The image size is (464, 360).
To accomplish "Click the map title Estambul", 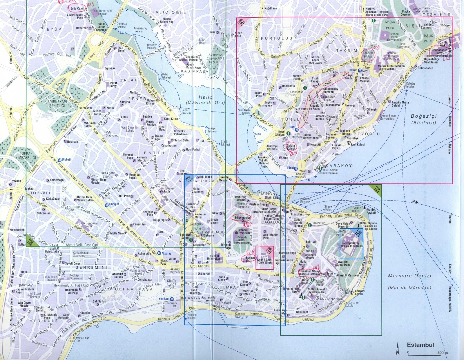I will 420,345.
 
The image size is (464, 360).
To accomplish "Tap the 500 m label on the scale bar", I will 442,353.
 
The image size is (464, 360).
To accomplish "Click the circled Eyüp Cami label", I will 77,8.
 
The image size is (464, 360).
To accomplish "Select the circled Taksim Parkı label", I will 368,55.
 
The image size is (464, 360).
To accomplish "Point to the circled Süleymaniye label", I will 242,217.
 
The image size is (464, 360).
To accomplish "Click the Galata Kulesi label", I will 291,147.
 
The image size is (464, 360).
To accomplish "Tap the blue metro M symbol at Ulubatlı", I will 59,160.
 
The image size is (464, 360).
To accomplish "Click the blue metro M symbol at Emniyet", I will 107,204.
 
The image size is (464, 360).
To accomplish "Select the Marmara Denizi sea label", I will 409,276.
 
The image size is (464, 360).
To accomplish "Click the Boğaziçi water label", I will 424,116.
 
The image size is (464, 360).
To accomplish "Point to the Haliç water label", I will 205,97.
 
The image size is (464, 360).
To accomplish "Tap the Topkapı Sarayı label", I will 351,244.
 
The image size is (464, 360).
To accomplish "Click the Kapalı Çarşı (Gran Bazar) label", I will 265,261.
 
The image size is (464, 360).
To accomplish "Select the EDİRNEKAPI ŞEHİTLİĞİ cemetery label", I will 57,104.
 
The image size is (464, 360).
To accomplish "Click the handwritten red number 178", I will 250,252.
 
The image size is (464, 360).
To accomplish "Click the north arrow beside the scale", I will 398,349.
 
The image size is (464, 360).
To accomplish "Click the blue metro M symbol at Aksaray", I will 159,253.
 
